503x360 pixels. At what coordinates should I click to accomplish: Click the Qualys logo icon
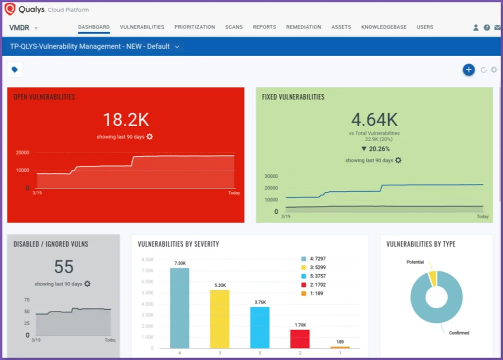coord(10,9)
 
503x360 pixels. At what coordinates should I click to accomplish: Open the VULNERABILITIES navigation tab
coord(142,27)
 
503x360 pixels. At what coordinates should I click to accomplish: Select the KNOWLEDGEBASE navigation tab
coord(383,27)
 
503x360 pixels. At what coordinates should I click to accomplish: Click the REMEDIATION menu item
coord(303,27)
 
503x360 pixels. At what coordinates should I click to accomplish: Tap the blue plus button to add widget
coord(468,70)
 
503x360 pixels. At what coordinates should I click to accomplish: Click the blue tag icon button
coord(14,70)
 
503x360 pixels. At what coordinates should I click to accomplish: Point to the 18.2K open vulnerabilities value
coord(125,120)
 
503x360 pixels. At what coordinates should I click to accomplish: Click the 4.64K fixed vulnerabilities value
coord(374,120)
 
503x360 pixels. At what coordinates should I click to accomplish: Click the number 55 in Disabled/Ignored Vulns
coord(63,267)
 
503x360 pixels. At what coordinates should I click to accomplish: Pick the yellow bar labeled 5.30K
coord(219,318)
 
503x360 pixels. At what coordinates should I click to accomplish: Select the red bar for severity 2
coord(300,338)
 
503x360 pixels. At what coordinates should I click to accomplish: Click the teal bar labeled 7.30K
coord(179,307)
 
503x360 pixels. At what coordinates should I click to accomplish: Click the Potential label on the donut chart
coord(414,262)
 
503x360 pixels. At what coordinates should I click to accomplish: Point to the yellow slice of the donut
coord(432,278)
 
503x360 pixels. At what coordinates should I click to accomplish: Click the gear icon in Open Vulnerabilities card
coord(149,136)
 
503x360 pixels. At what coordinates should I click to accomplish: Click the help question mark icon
coord(486,27)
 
